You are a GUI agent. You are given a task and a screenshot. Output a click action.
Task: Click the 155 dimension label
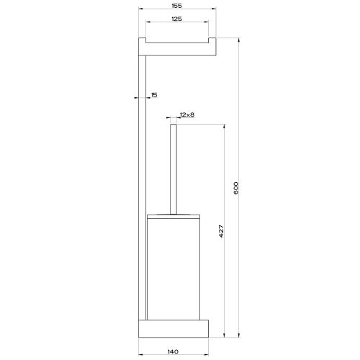tap(176, 5)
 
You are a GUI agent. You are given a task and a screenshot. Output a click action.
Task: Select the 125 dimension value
tap(176, 19)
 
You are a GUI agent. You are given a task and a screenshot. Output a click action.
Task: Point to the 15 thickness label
tap(154, 94)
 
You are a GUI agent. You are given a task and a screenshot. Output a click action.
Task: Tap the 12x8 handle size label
tap(188, 114)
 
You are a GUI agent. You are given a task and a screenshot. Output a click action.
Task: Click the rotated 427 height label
tap(222, 232)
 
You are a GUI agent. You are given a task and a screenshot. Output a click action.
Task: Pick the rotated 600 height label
tap(236, 189)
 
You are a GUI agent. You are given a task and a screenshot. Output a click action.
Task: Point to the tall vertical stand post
tap(142, 187)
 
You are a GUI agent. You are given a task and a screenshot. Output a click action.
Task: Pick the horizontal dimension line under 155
tap(176, 11)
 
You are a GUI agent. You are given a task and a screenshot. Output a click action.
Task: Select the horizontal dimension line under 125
tap(176, 25)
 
